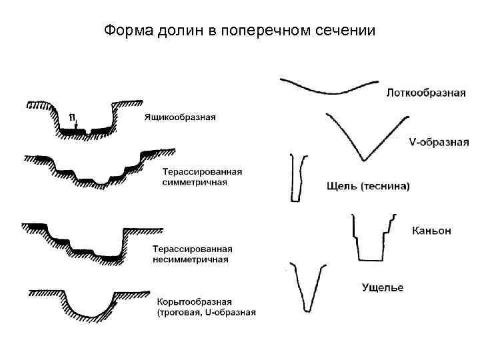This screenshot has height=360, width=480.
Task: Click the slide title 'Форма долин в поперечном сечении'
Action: pos(240,31)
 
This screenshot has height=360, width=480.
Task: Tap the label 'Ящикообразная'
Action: pos(179,117)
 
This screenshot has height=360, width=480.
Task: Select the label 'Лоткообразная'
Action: pos(425,93)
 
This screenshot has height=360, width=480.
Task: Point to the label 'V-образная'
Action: pos(438,142)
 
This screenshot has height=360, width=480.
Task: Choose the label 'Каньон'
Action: pos(431,231)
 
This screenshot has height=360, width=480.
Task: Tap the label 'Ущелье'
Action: pos(382,287)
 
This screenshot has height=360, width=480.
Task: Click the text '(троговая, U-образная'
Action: pos(206,311)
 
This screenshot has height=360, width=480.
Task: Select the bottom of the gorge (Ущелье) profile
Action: pos(307,309)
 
